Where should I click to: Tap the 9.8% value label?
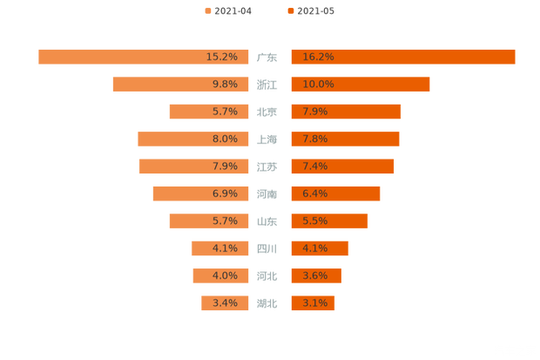point(225,85)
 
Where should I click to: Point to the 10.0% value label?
point(318,85)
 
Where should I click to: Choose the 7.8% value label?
point(315,139)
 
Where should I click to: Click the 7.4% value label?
point(315,166)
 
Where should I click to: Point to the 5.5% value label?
point(315,221)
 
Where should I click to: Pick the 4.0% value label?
point(225,276)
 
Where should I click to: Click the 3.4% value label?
point(225,303)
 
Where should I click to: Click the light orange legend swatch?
point(207,10)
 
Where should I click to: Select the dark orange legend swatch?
point(289,10)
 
